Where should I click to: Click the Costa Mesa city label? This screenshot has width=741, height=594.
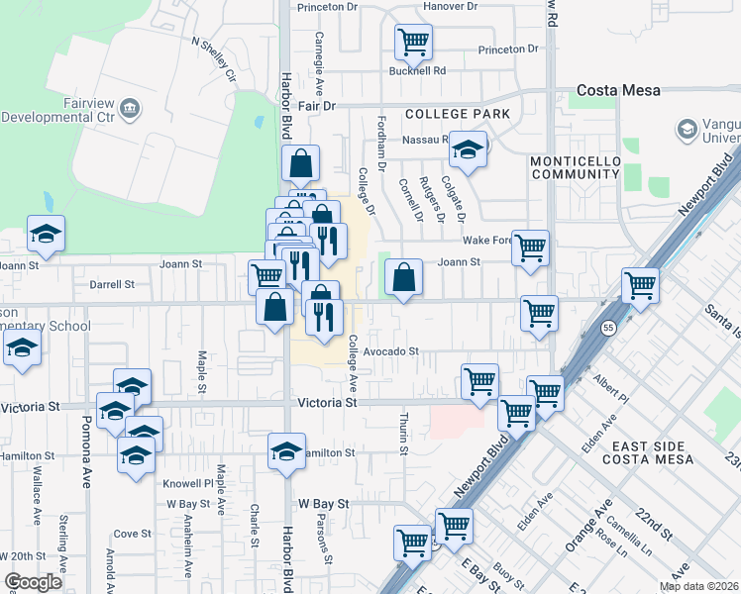pyautogui.click(x=619, y=90)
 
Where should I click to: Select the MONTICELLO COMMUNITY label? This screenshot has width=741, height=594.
pyautogui.click(x=575, y=167)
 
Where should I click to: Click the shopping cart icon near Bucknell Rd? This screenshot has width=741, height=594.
pyautogui.click(x=413, y=43)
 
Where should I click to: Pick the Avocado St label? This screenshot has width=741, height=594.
pyautogui.click(x=391, y=351)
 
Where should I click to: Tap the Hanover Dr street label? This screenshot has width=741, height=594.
pyautogui.click(x=450, y=6)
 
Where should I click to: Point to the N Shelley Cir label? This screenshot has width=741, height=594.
pyautogui.click(x=214, y=59)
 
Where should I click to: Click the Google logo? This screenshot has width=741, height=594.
pyautogui.click(x=33, y=582)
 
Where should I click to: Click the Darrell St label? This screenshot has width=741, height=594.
pyautogui.click(x=112, y=284)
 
